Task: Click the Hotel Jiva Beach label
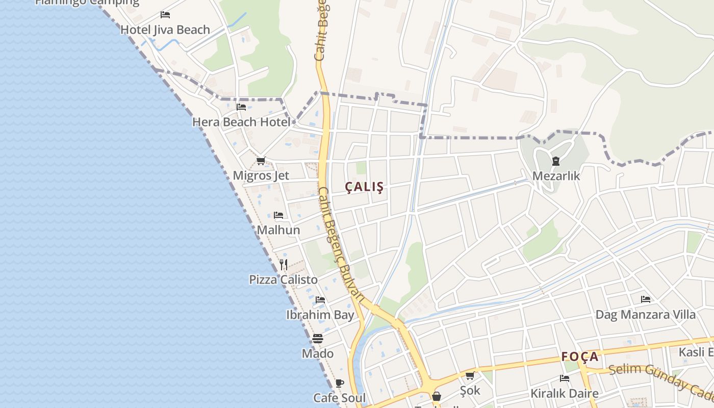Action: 165,30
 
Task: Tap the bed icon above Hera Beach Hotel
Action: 241,107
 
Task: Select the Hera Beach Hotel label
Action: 241,122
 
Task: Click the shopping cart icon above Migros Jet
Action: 261,161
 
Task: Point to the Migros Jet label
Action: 261,175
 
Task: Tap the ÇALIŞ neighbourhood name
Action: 364,187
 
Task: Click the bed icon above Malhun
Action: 278,215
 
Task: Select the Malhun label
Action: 278,230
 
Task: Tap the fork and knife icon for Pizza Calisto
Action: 284,264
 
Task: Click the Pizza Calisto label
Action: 283,279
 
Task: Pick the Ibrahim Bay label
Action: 320,315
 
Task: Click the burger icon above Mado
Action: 318,339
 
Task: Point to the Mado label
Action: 318,353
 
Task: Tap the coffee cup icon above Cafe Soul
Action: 340,383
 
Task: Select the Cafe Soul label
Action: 339,398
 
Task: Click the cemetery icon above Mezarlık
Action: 555,161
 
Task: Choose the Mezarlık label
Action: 556,176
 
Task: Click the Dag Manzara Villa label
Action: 645,314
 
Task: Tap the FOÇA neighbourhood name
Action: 580,356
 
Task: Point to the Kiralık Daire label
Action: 564,393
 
